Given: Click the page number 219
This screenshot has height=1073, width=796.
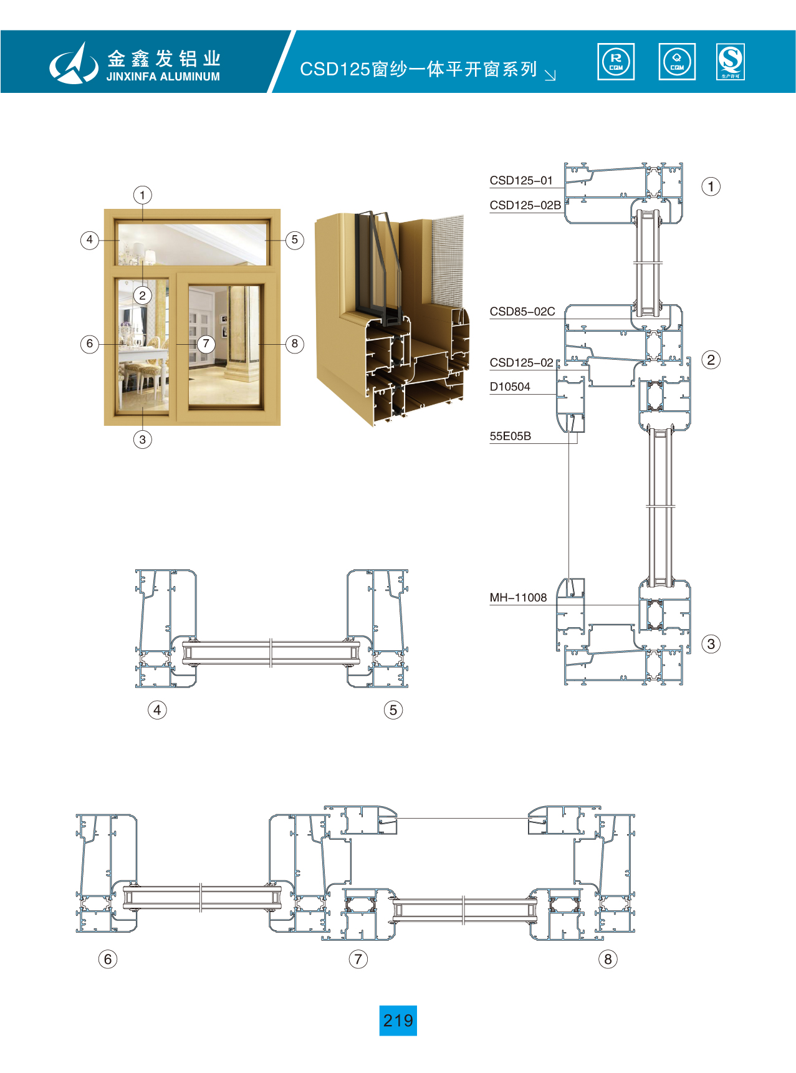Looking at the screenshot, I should point(398,1020).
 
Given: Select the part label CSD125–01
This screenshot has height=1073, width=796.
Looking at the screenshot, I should point(521,181).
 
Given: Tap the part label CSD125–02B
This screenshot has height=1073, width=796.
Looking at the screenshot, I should point(525,205).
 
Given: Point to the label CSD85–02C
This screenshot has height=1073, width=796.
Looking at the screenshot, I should point(522,312).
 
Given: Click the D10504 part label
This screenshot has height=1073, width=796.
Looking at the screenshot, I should point(510,387).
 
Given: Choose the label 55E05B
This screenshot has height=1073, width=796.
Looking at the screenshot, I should point(510,436).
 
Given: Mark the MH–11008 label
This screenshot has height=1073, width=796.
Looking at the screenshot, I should point(518,597).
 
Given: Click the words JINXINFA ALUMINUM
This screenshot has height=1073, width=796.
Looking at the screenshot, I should point(163,77).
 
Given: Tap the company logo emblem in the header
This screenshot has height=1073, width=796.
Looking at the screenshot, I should point(74,63).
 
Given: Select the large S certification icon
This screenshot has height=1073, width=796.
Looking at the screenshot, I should point(730,62).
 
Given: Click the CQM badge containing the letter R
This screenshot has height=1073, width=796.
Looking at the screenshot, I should point(616,62).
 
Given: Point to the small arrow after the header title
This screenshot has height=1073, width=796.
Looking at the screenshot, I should point(550,75).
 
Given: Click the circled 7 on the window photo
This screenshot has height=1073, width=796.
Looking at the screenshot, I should point(206,344).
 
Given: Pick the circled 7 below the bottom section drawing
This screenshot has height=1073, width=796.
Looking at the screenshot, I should point(358,959).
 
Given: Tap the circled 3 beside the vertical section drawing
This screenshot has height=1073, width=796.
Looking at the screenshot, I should point(711,644).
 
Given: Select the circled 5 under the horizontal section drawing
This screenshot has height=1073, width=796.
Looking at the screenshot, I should point(393,710).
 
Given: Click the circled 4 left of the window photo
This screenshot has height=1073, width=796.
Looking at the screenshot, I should point(90,239).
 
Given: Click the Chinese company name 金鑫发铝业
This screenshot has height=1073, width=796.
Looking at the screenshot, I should point(164,59).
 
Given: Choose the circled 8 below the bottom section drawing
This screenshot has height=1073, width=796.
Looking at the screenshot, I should point(608,959).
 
